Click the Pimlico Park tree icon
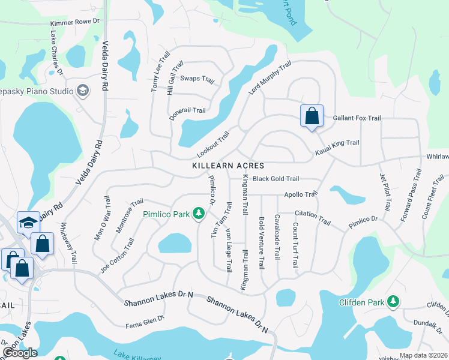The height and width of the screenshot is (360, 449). pyautogui.click(x=198, y=214)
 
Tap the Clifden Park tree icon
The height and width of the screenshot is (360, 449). pyautogui.click(x=393, y=301)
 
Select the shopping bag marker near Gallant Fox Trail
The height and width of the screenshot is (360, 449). pyautogui.click(x=312, y=116)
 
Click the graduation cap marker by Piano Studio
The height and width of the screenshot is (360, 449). pyautogui.click(x=83, y=91)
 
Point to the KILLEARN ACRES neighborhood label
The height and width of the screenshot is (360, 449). pyautogui.click(x=228, y=165)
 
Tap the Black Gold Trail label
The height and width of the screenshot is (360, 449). pyautogui.click(x=276, y=179)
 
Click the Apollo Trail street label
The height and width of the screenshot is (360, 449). pyautogui.click(x=300, y=194)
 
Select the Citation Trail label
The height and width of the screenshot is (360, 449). pyautogui.click(x=312, y=218)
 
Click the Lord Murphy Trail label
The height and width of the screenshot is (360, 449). pyautogui.click(x=270, y=78)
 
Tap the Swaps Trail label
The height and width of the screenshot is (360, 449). pyautogui.click(x=197, y=79)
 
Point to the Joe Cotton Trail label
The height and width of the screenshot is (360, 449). pyautogui.click(x=117, y=256)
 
